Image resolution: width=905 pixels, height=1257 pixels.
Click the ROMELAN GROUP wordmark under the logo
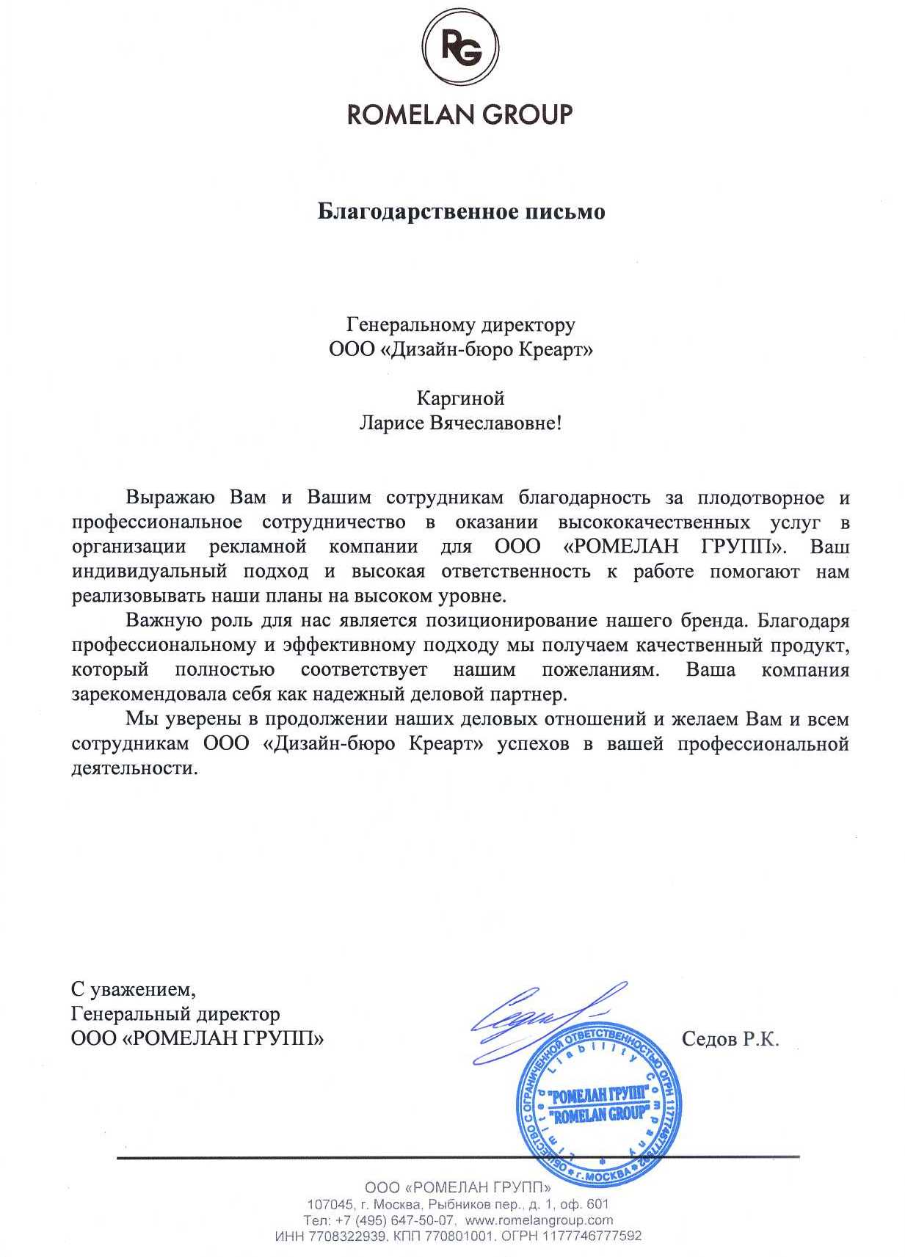point(459,115)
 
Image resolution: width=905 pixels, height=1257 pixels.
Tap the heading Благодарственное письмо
point(461,212)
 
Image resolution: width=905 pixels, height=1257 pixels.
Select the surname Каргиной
point(460,398)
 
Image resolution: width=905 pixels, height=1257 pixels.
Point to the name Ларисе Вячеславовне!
point(459,423)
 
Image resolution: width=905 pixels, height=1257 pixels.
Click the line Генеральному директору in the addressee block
point(460,324)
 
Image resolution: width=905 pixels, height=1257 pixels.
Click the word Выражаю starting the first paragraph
point(170,498)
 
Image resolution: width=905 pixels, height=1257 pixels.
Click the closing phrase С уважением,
point(134,990)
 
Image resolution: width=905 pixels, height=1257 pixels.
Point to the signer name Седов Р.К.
point(730,1039)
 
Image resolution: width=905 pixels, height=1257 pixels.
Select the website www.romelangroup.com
point(539,1220)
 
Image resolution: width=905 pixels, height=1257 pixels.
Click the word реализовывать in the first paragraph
point(133,596)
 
